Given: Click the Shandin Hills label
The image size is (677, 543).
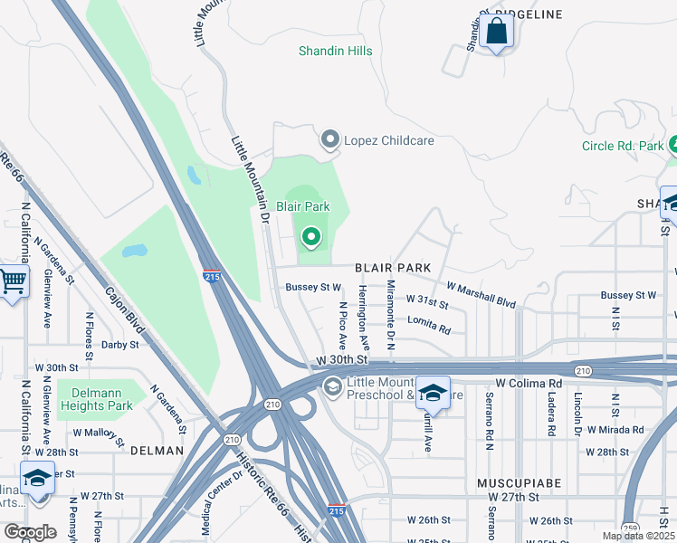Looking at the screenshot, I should pyautogui.click(x=335, y=52).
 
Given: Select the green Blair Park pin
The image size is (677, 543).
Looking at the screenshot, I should pyautogui.click(x=311, y=237).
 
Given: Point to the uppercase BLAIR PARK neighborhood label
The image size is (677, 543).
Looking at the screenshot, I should pyautogui.click(x=392, y=269).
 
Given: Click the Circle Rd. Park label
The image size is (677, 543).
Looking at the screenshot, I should pyautogui.click(x=623, y=146).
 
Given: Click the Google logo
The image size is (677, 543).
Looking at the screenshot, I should pyautogui.click(x=30, y=532).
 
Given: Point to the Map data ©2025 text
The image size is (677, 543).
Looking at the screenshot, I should pyautogui.click(x=637, y=536).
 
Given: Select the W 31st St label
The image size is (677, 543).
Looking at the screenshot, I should pyautogui.click(x=427, y=300).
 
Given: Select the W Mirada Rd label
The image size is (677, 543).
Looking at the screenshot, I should pyautogui.click(x=615, y=430).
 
